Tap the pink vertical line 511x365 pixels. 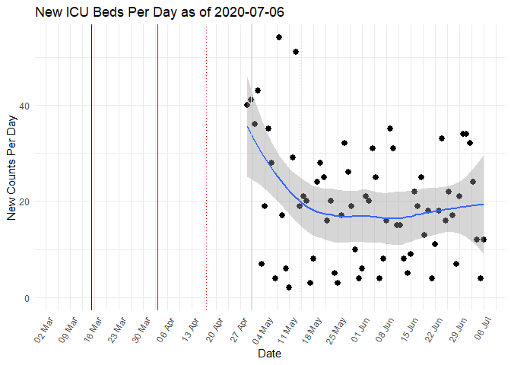pos(252,190)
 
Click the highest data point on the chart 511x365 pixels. pos(279,37)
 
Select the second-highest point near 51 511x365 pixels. pos(296,52)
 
